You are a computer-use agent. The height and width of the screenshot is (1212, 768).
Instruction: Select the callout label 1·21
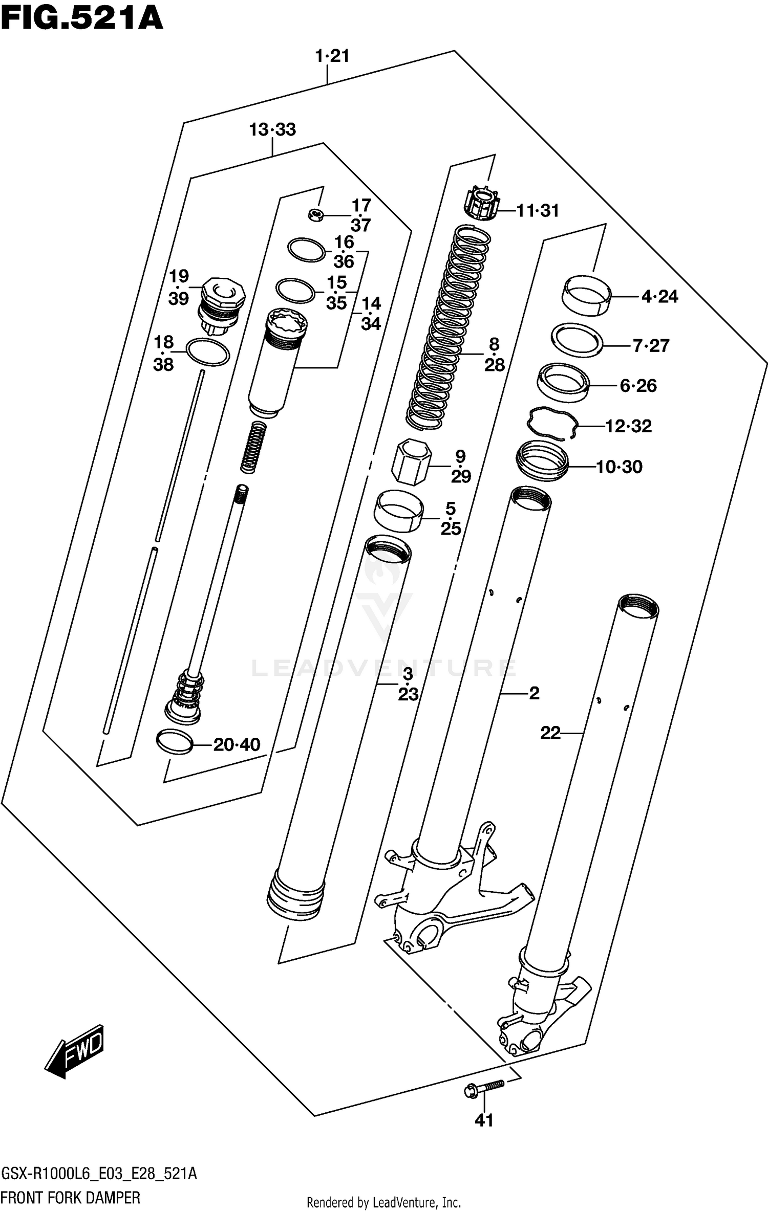click(x=332, y=56)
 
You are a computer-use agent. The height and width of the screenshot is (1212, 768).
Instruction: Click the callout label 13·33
click(x=272, y=129)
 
